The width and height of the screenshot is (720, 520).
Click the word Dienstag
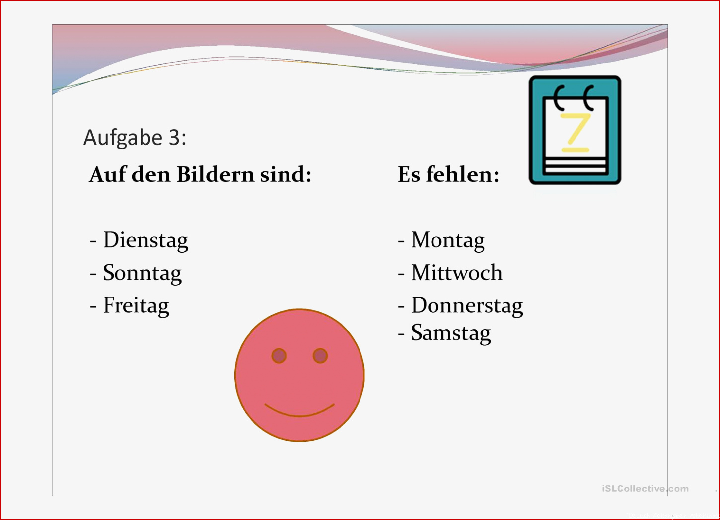coord(145,240)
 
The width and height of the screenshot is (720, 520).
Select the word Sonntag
coord(143,273)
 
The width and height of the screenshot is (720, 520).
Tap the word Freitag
coord(136,306)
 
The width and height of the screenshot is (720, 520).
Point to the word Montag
coord(448,240)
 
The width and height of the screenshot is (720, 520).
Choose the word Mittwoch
coord(457,273)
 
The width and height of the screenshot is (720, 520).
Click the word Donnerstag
coord(467,306)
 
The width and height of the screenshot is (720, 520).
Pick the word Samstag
coord(451,333)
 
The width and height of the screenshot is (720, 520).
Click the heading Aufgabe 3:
coord(135,138)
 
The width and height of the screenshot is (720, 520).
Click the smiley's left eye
coord(279,355)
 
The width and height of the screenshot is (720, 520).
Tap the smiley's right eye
coord(320,355)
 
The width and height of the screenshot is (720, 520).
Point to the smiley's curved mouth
coord(299,415)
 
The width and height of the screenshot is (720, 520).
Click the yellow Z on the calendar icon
coord(576,128)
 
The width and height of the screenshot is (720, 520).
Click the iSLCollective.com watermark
coord(646,489)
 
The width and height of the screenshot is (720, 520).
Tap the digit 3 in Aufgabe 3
coord(174,138)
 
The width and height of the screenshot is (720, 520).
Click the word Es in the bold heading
coord(409,175)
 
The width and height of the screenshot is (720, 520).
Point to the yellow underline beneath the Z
coord(576,150)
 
